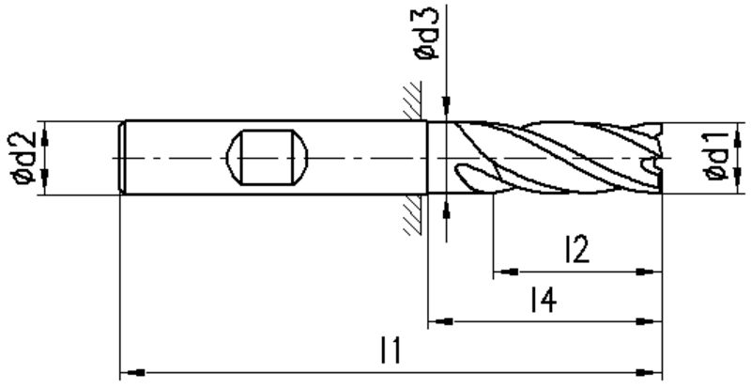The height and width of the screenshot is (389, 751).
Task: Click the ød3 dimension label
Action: point(427,34)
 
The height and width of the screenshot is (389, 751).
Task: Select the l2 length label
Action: point(576,249)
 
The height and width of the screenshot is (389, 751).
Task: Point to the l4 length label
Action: point(544,300)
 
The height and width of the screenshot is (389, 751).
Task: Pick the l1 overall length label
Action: point(390,350)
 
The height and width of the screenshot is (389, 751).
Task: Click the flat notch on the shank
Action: point(267,157)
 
